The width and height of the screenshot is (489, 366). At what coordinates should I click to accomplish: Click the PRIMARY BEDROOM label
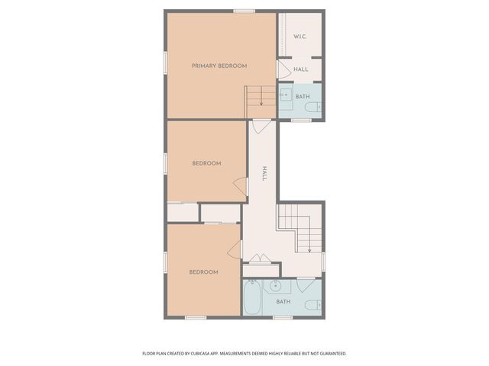coord(219,66)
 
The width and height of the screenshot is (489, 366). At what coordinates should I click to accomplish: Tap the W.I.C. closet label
coord(300,37)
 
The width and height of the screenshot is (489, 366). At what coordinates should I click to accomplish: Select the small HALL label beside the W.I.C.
coord(301,69)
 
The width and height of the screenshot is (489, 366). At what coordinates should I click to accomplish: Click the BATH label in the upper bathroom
coord(303,97)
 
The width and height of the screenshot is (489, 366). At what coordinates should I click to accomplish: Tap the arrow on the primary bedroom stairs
coord(261,97)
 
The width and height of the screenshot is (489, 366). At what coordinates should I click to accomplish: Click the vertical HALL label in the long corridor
coord(264,174)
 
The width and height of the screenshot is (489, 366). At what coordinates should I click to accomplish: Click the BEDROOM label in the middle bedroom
coord(206,163)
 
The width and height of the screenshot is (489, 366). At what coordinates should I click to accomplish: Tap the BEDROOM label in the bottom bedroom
coord(204,272)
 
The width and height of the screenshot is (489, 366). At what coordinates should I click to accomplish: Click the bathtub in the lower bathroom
coord(252,299)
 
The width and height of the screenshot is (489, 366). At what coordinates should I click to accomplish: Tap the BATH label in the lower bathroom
coord(283,302)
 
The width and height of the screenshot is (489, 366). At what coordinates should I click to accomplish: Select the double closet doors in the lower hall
coord(261,258)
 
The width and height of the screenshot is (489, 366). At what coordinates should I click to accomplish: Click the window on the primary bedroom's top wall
coord(244,11)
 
